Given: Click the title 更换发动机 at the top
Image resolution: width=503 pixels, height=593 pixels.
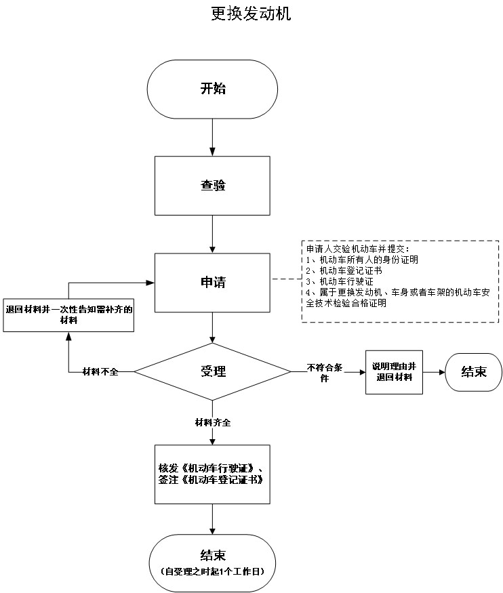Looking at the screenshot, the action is tap(251, 14).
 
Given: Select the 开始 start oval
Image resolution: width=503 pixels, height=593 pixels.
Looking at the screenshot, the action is tap(212, 89).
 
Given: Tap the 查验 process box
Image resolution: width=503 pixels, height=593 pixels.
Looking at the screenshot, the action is tap(212, 186).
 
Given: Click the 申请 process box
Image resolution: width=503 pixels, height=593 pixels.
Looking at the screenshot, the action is tap(212, 283).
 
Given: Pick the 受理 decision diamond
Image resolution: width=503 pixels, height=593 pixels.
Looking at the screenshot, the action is tap(212, 371).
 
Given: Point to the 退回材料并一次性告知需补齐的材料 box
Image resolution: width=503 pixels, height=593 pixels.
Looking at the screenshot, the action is tap(68, 315).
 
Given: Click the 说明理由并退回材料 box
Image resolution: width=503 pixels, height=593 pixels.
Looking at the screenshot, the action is tap(394, 372).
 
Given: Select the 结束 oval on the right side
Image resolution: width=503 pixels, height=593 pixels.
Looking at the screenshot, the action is tap(473, 372).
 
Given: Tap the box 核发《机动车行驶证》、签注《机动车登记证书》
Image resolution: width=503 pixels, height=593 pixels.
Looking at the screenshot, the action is tap(212, 474).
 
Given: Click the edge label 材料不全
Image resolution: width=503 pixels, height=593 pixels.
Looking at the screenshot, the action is tap(100, 372).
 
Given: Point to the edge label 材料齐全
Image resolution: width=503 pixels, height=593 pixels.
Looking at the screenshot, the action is tap(213, 422).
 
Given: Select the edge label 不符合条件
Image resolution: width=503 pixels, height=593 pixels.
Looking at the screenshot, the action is tap(325, 373).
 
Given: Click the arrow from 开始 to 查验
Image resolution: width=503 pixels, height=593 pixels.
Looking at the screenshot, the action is tap(213, 138).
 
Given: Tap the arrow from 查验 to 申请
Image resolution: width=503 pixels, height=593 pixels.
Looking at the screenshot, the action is tap(213, 234).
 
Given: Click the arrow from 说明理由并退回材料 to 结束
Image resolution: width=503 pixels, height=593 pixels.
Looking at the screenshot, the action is tap(434, 372).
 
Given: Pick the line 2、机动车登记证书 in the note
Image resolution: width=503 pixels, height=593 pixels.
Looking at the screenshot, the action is tap(344, 270).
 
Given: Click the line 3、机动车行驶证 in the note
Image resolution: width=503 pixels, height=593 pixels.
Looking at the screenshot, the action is tap(339, 281).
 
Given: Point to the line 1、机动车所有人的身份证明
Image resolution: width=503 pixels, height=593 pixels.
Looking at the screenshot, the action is tap(362, 260).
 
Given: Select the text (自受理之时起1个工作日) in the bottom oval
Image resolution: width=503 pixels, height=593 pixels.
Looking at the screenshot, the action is tap(213, 571).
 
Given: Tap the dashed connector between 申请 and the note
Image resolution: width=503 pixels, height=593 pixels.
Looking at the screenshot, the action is tap(286, 279).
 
